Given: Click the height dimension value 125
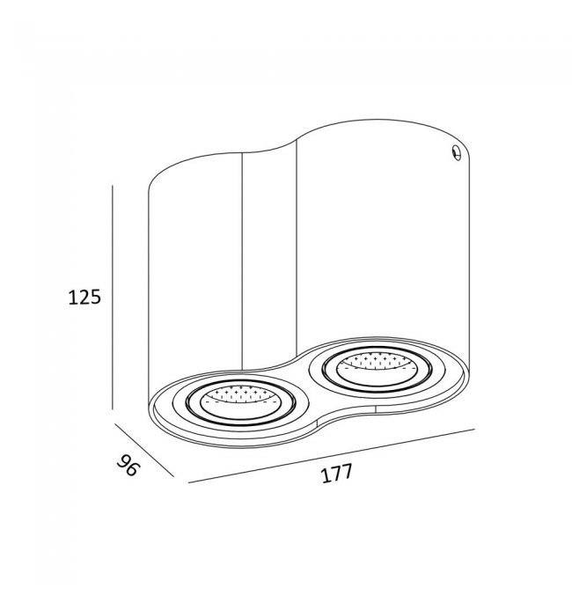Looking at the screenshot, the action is point(84,297).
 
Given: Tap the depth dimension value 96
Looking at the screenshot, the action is point(128,465).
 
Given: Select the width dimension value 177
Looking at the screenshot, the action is point(337,474).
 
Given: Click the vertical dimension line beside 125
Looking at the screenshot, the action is point(113,298).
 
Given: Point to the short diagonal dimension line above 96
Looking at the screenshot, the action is point(144,450).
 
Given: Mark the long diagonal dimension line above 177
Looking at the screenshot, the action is point(332,456).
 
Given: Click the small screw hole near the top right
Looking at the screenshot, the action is point(457,152).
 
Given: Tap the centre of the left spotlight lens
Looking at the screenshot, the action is point(240,403).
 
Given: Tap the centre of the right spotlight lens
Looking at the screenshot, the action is point(377,370).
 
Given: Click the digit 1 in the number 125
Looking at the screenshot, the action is point(72,298).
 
